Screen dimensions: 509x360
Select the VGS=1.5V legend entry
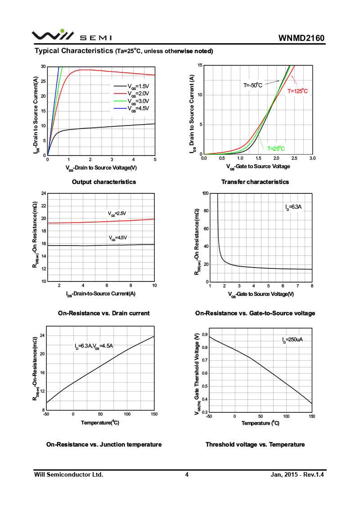point(138,85)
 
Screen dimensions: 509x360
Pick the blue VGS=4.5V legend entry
point(138,108)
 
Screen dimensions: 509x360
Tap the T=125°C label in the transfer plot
point(297,91)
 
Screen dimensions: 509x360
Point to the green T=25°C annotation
point(276,148)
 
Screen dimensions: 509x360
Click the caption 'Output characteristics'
point(103,182)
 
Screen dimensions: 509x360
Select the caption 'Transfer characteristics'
point(255,182)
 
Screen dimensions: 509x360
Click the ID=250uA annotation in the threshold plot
point(292,339)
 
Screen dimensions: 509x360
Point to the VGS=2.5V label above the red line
point(117,213)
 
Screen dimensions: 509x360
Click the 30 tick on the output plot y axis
point(43,67)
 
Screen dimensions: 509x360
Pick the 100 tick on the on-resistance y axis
point(205,193)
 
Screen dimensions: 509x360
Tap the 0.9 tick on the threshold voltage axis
point(205,335)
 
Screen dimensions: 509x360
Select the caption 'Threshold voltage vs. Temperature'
point(255,445)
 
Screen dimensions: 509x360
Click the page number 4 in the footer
point(187,474)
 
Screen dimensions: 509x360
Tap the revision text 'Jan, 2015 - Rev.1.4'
point(297,474)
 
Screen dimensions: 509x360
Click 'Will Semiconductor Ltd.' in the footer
point(68,474)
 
